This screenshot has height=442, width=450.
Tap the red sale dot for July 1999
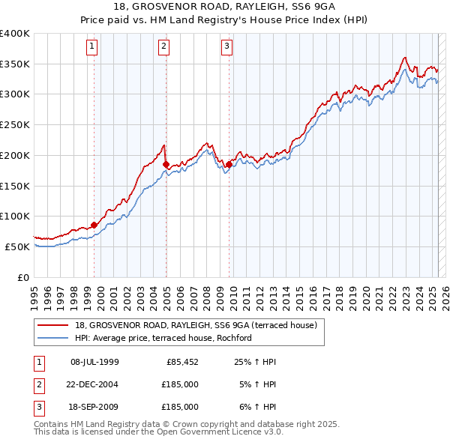[x=94, y=224]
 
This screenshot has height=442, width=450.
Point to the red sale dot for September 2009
[x=229, y=163]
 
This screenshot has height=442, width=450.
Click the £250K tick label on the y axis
[x=15, y=124]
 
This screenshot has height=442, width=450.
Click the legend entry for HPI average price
[x=162, y=338]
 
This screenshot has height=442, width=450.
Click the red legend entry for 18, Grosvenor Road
[x=196, y=325]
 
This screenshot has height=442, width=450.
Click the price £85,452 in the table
[x=182, y=362]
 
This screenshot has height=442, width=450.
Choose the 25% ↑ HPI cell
[x=255, y=362]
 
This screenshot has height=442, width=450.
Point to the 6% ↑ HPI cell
[x=257, y=407]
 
